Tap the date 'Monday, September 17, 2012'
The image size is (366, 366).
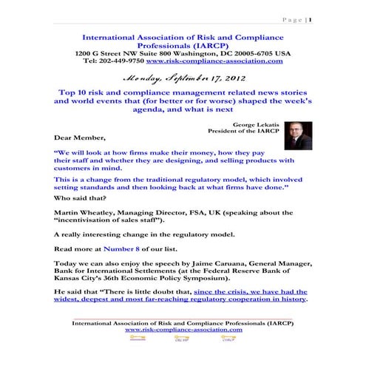(x=183, y=75)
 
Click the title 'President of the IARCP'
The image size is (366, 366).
(x=248, y=132)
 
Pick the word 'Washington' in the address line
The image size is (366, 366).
(x=209, y=53)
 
